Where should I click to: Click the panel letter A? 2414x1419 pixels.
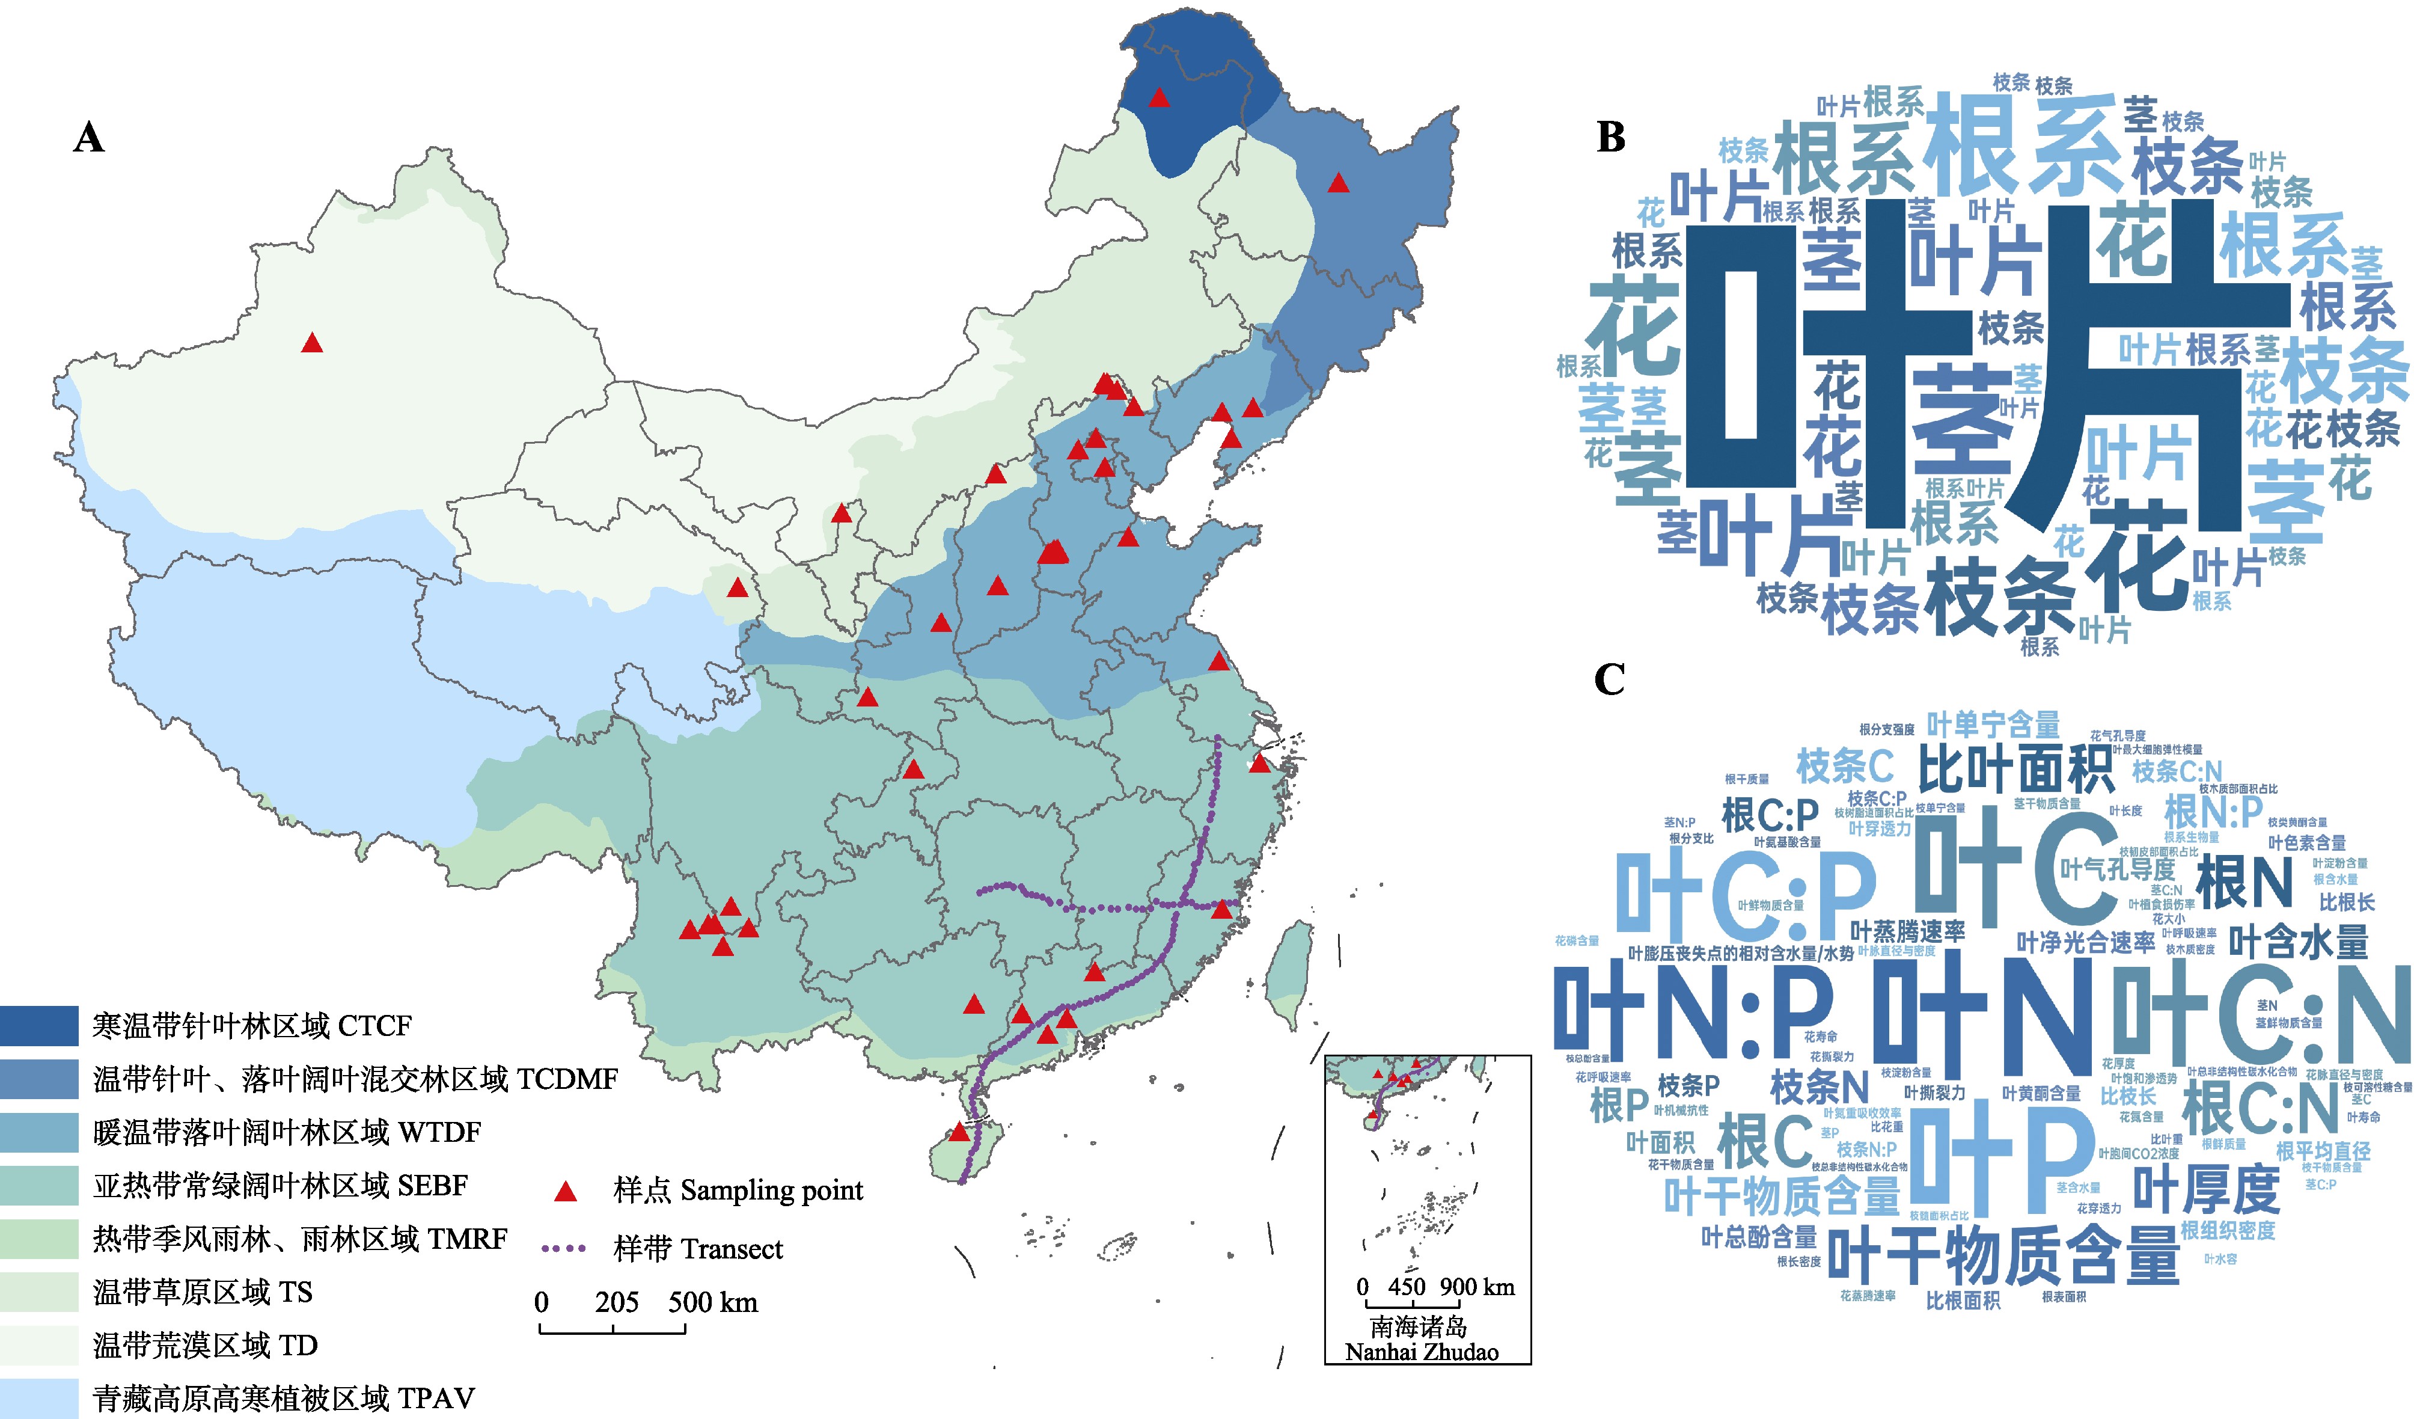pos(89,138)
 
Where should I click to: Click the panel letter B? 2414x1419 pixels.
pos(1612,138)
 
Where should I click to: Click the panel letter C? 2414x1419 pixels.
pos(1609,679)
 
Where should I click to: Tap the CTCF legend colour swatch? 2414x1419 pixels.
pos(38,1025)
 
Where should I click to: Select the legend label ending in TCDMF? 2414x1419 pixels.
pos(355,1079)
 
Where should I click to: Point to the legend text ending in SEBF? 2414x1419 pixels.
pos(280,1185)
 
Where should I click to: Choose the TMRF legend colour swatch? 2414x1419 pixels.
pos(38,1239)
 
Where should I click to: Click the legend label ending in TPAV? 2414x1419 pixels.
pos(284,1398)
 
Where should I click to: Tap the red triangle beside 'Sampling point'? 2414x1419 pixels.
pos(566,1192)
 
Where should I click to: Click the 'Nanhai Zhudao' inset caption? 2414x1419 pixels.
pos(1422,1351)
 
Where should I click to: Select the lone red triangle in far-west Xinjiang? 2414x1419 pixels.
pos(311,343)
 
